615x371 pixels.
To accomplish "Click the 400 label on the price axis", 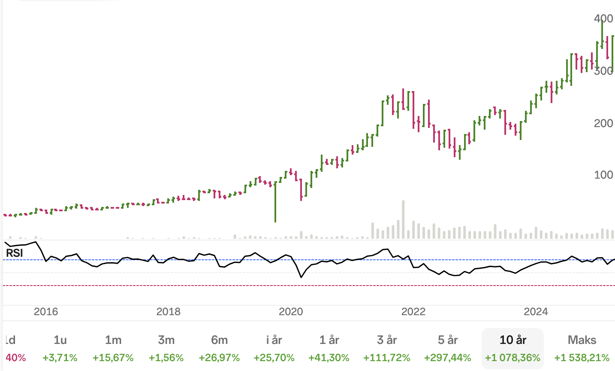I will coord(603,18).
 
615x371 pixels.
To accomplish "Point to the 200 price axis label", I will coord(603,123).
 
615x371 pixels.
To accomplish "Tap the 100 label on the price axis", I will coord(603,175).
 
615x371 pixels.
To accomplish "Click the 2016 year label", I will coord(46,312).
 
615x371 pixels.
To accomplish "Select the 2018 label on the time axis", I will coord(169,312).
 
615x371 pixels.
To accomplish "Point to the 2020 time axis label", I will coord(291,312).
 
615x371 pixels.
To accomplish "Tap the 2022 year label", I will coord(413,312).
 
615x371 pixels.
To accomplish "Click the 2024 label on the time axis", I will coord(536,312).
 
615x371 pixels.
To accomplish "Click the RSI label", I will coord(15,253).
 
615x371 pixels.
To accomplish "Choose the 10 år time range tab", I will coord(513,340).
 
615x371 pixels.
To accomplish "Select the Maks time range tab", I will coord(582,340).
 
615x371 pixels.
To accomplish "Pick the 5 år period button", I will coord(448,340).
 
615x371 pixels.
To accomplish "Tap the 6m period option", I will coord(219,340).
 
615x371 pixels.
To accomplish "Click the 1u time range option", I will coord(60,340).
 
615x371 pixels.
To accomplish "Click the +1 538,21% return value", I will coord(582,358).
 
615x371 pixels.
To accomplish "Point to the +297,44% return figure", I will coord(448,358).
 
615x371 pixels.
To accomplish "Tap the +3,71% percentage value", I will coord(60,358).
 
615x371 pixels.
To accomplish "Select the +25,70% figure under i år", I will coord(274,358).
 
